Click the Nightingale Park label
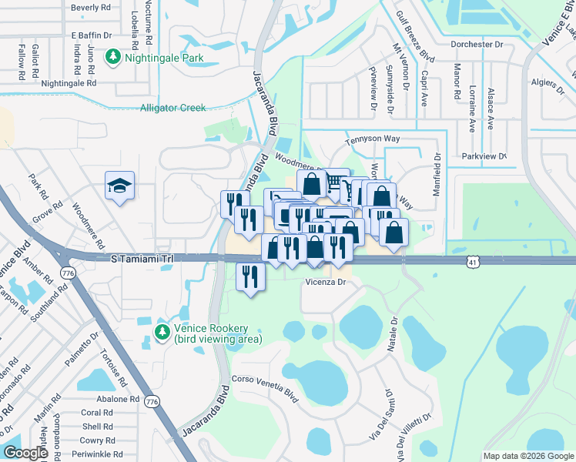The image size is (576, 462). pos(159,56)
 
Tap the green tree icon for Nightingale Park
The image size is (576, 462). pos(114,56)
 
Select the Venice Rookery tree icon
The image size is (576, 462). pos(162,332)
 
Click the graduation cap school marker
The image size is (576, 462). pos(119,186)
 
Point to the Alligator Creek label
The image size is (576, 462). pos(173,108)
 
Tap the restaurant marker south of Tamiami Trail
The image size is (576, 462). pos(250,276)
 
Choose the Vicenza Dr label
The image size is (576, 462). pos(328,283)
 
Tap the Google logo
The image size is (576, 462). pos(26,453)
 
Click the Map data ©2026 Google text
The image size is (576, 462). pos(527,456)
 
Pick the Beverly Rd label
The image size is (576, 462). pos(91,8)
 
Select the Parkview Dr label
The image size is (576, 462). pos(484,156)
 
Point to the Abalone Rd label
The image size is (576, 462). pos(118,400)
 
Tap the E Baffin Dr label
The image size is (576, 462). pos(91,35)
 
